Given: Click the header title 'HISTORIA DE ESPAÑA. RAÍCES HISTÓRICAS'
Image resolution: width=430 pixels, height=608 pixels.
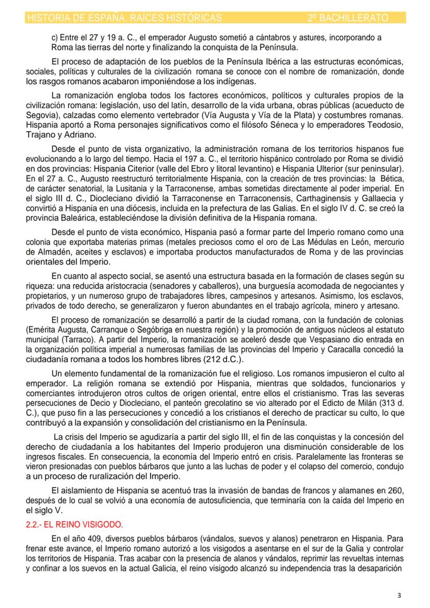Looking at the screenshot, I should click(124, 18).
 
